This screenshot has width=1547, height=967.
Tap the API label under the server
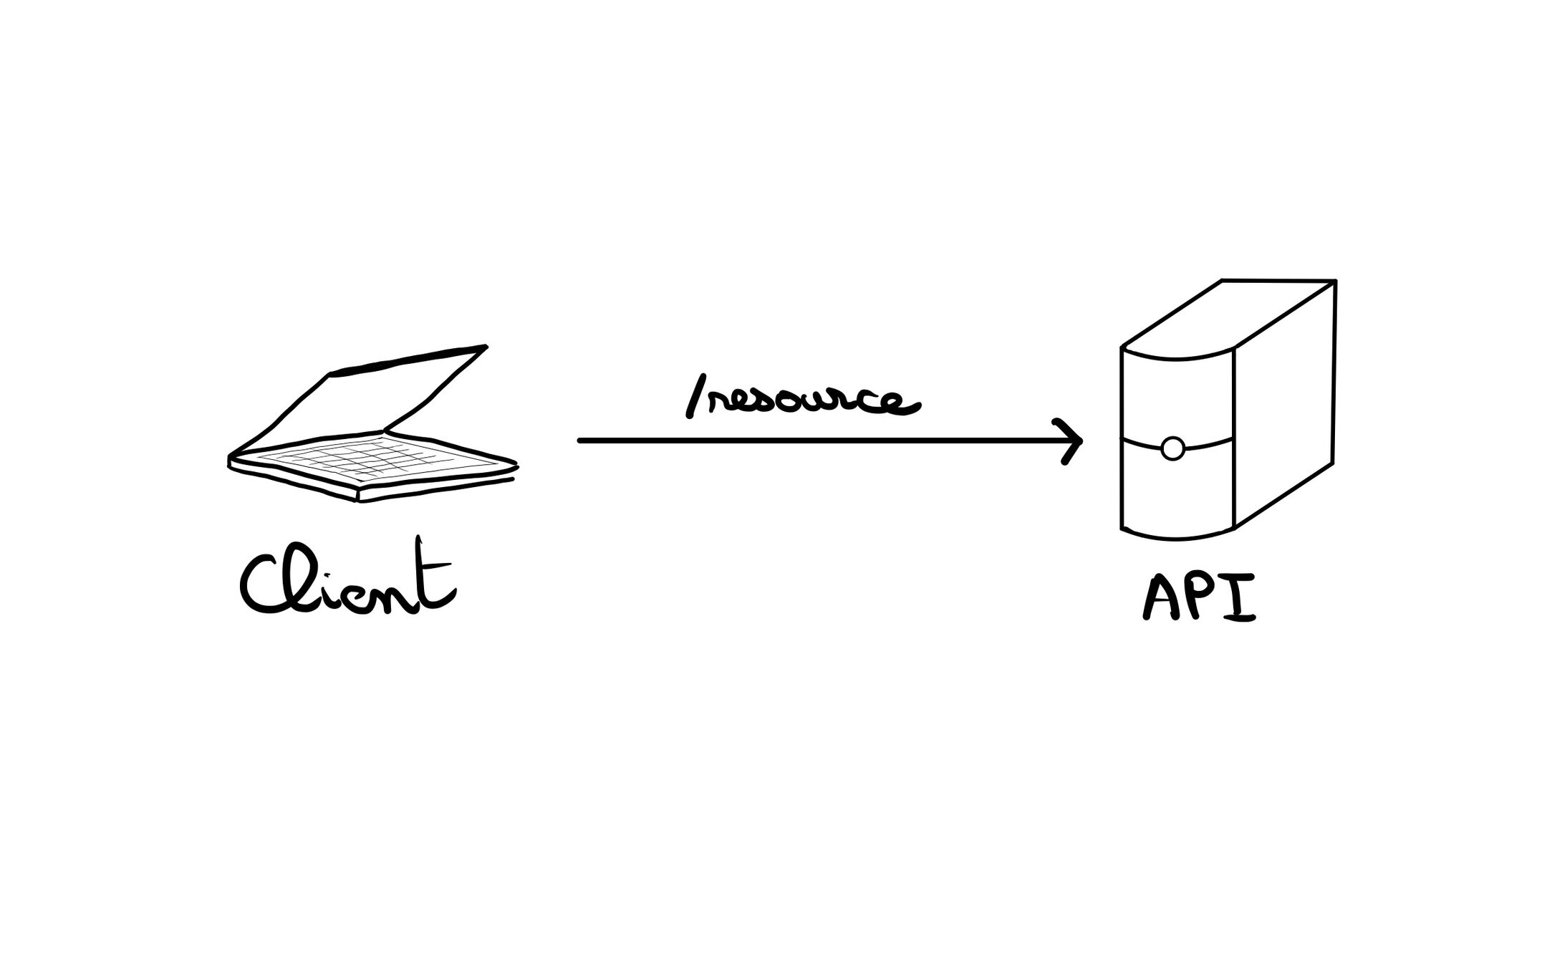click(x=1198, y=596)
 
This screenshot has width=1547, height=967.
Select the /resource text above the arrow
click(x=802, y=403)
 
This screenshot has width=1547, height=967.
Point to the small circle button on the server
click(x=1172, y=448)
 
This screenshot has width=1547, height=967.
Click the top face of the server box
click(x=1228, y=315)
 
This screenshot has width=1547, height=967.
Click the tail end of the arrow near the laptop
click(x=582, y=441)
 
